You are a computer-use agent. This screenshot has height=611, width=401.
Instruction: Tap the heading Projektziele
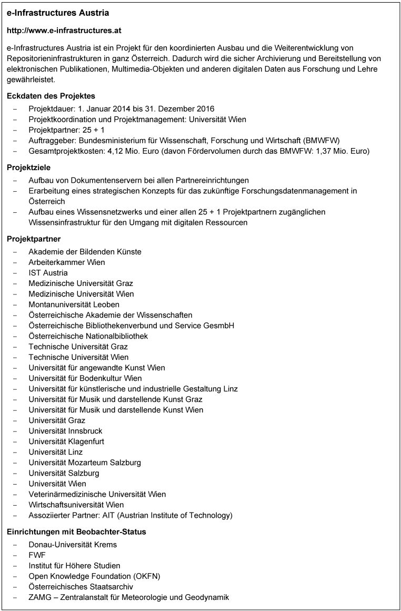click(29, 167)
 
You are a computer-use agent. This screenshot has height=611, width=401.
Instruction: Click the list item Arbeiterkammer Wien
click(67, 262)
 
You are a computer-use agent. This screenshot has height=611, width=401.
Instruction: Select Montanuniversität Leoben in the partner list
click(74, 304)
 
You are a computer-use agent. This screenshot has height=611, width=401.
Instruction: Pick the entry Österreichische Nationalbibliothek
click(88, 336)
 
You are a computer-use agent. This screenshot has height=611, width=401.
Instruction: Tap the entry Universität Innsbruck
click(65, 431)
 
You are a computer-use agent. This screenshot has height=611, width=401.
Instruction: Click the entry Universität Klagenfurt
click(66, 441)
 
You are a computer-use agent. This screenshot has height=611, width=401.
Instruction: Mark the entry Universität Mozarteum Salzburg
click(85, 462)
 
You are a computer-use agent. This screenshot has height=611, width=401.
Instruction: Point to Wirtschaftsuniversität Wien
click(76, 505)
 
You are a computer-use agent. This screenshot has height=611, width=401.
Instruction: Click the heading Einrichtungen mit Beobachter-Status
click(76, 532)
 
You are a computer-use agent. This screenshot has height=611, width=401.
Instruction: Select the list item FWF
click(37, 555)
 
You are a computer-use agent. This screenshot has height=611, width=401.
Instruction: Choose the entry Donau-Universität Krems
click(73, 545)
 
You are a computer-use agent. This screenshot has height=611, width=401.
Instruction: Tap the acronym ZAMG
click(40, 597)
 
